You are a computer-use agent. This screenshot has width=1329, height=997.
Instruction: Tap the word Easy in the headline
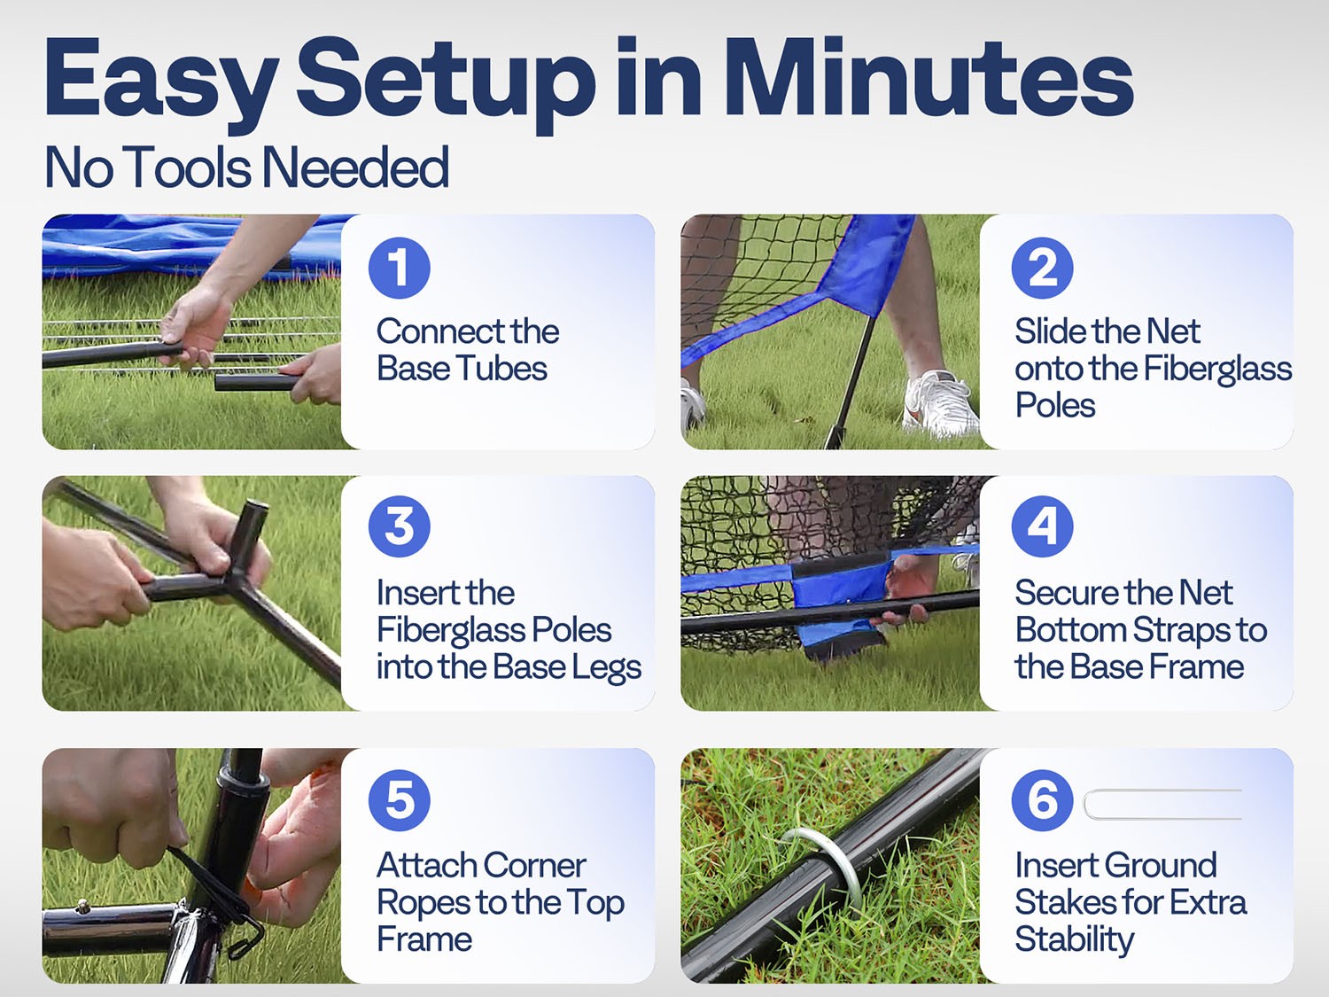point(159,80)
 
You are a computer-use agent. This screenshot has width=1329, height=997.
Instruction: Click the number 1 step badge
point(399,268)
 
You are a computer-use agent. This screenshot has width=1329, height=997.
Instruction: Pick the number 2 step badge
point(1042,268)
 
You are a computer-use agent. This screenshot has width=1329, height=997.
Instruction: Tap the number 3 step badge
point(399,526)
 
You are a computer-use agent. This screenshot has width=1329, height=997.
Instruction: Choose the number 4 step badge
point(1042,526)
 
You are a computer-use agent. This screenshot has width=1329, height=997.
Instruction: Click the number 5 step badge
point(399,799)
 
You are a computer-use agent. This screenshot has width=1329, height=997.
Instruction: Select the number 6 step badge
point(1042,799)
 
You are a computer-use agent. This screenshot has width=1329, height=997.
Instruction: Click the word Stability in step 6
point(1074,939)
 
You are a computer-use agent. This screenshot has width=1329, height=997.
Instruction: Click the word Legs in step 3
point(606,667)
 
